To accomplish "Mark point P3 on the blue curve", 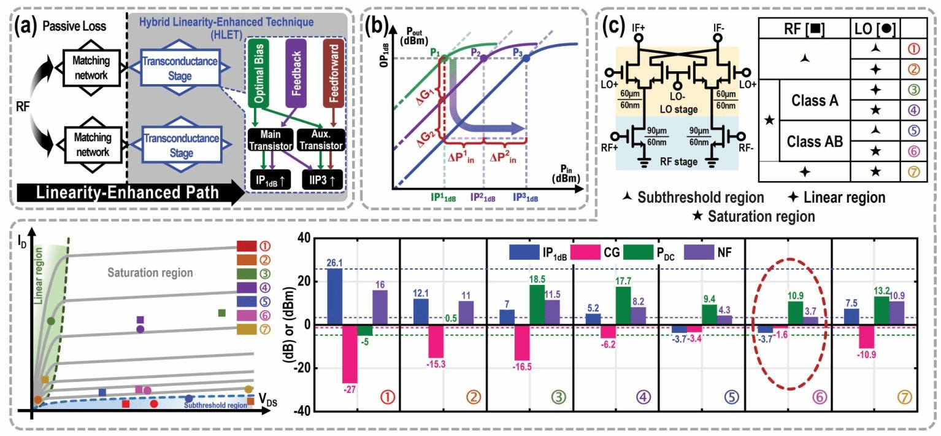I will (x=526, y=58).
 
